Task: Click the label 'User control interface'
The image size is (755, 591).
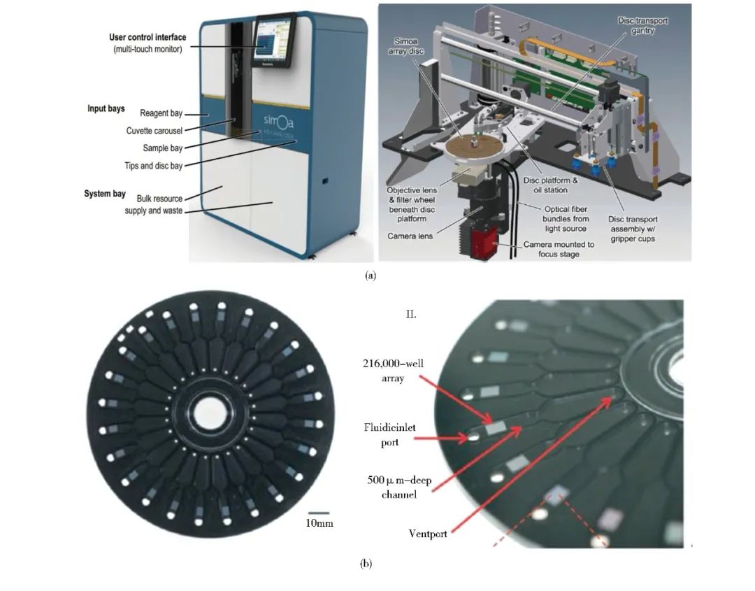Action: click(147, 37)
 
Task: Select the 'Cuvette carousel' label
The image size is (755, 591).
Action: click(154, 131)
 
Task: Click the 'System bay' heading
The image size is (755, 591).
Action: click(105, 194)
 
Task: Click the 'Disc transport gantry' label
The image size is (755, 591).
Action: click(643, 26)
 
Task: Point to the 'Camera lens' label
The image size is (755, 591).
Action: click(410, 236)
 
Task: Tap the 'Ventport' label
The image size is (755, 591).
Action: click(428, 534)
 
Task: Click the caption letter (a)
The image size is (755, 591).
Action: click(371, 276)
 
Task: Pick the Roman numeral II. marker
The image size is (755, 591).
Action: click(412, 314)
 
